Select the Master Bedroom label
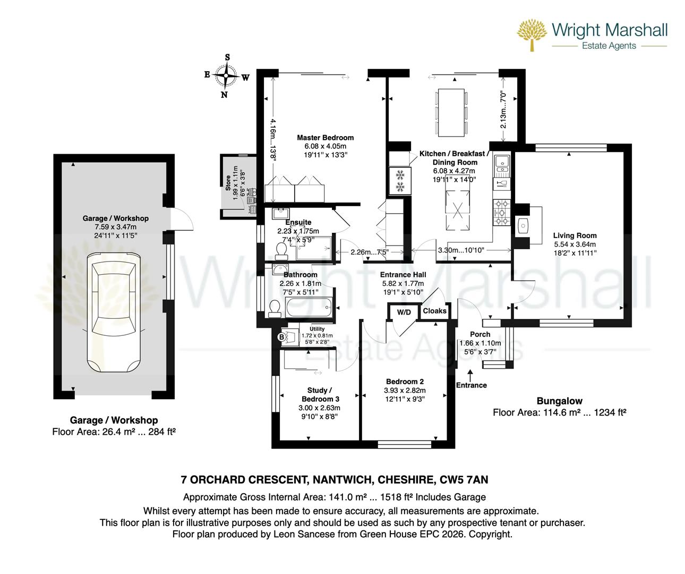325,138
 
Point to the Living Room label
575,235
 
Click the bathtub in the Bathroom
309,308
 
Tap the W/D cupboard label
404,312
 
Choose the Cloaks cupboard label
434,311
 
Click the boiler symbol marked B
282,336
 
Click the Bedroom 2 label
405,382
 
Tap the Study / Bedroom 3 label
320,394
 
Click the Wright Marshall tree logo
532,35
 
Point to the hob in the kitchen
501,212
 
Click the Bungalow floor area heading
559,401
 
